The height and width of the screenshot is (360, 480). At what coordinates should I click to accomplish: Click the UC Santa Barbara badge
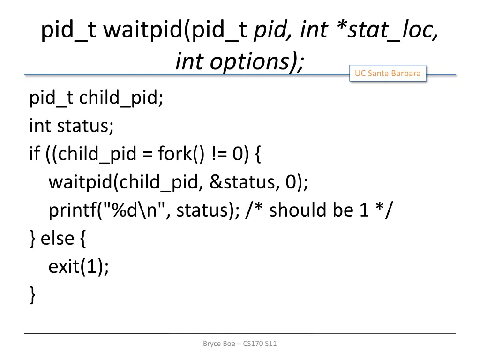[387, 73]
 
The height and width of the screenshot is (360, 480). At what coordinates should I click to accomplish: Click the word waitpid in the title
[144, 31]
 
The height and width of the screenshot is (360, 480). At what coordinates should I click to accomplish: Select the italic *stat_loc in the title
[387, 31]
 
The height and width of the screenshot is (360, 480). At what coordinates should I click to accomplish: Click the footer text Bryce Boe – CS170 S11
[240, 344]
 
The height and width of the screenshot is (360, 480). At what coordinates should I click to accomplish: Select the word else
[57, 238]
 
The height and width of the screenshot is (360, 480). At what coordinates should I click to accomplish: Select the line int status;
[71, 126]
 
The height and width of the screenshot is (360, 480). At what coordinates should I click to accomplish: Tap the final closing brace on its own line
[32, 295]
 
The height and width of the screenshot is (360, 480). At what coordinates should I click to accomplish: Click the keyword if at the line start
[35, 154]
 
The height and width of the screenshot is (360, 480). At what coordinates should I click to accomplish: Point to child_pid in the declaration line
[121, 98]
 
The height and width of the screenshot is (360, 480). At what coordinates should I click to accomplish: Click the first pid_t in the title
[68, 31]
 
